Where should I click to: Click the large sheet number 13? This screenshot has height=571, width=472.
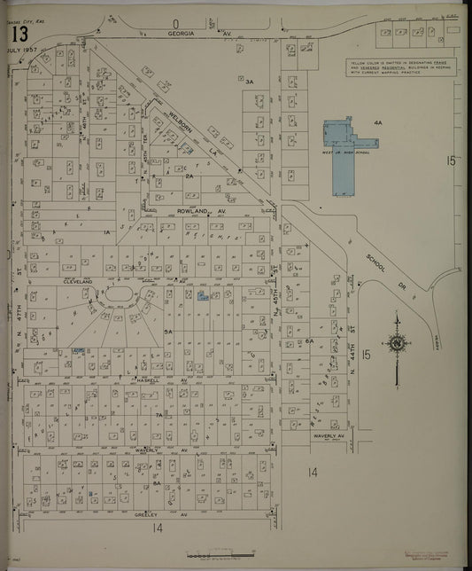click(19, 34)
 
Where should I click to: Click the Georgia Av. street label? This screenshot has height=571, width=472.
click(188, 33)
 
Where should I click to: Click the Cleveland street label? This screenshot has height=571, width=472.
click(79, 280)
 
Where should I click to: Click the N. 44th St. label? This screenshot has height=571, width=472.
click(351, 357)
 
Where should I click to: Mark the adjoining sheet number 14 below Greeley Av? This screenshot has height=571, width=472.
click(158, 528)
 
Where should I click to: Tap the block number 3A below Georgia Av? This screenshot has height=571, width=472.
click(250, 82)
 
